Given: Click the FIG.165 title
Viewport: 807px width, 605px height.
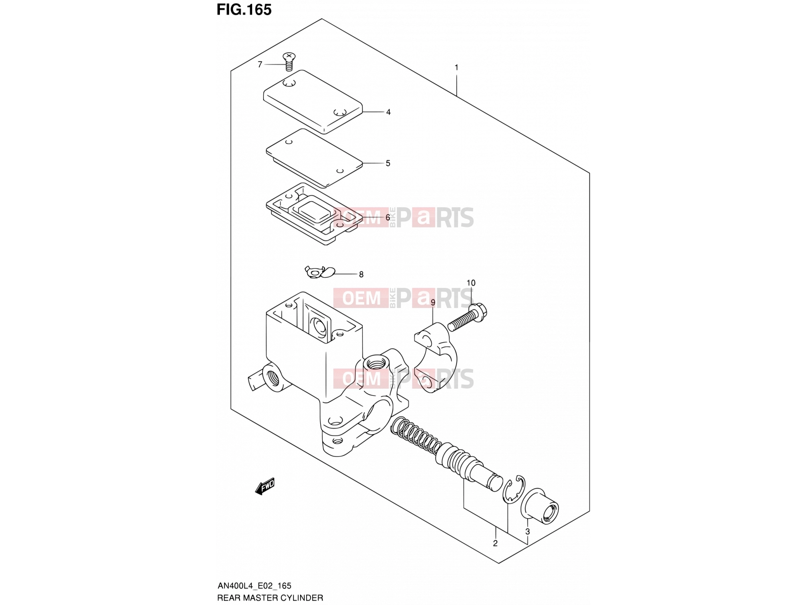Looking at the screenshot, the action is [244, 10].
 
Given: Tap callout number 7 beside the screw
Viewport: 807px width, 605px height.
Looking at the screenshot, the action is [260, 65].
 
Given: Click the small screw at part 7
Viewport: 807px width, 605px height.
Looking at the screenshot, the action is [289, 62].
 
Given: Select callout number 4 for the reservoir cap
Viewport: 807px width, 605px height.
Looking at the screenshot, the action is [388, 112].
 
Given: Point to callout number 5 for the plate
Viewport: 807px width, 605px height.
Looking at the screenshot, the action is [388, 163].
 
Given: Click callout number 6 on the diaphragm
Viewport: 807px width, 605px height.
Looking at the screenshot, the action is [388, 217].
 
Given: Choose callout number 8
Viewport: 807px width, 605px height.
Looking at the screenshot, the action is [361, 274].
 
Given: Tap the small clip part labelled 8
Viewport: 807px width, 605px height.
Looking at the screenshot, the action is [320, 272].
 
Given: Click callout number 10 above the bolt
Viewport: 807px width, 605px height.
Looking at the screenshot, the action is [471, 283].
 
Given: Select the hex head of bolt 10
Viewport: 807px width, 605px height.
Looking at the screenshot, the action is [478, 312].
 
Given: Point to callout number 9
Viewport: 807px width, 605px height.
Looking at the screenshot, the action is [433, 302].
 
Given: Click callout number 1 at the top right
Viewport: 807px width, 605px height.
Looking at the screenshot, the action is [456, 68].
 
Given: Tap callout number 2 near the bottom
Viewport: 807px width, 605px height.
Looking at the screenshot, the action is [495, 543].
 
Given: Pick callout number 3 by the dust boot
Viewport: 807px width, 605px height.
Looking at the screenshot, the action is [528, 531].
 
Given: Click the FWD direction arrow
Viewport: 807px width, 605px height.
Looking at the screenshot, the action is [265, 487].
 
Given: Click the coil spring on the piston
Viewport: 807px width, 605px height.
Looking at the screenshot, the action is [416, 436].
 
